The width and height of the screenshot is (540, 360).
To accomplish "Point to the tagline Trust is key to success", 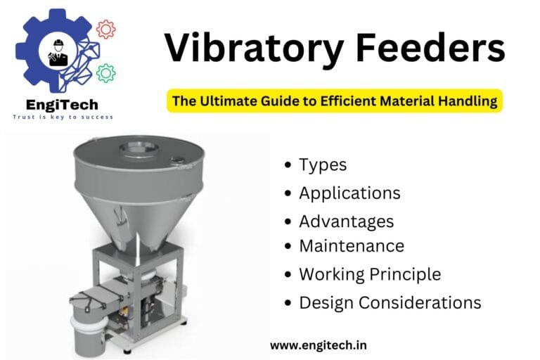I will [63, 117].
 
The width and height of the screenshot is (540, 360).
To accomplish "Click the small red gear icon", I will [105, 29].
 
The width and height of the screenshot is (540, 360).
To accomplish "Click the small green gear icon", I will [105, 72].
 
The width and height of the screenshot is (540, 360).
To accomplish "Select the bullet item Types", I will [323, 165].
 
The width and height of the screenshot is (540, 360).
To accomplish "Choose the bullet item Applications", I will [349, 193].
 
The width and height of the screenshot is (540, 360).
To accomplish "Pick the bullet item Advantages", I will [346, 221].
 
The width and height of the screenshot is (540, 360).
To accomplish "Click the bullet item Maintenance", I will [351, 246].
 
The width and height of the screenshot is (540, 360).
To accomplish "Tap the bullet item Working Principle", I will [370, 274].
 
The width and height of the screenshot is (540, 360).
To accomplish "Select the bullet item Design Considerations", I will [390, 303].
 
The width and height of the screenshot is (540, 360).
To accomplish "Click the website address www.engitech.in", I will [318, 345].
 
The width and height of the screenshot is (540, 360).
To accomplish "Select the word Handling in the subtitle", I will [470, 101].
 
